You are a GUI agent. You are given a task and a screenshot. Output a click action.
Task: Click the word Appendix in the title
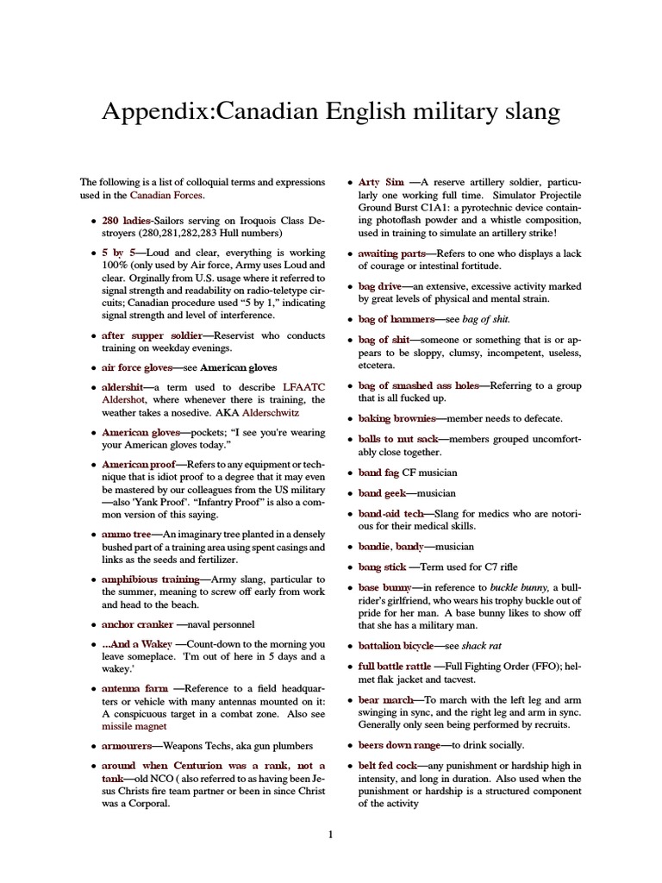pos(153,112)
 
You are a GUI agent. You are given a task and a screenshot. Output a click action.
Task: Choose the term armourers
pos(127,745)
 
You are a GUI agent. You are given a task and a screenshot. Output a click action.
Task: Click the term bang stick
pos(382,567)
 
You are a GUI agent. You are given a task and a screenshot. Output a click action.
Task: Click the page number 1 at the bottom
pos(330,833)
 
